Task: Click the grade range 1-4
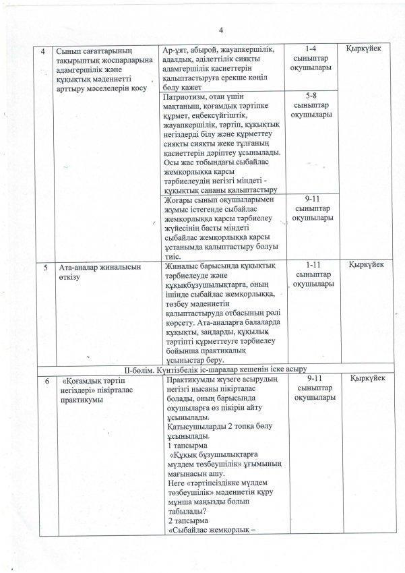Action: (x=310, y=49)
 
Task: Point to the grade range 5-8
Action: (x=310, y=96)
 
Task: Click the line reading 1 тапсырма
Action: (x=187, y=446)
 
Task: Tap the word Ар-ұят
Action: (x=176, y=50)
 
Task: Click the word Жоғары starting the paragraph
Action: (x=179, y=200)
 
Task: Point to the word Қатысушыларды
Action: (x=195, y=427)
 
